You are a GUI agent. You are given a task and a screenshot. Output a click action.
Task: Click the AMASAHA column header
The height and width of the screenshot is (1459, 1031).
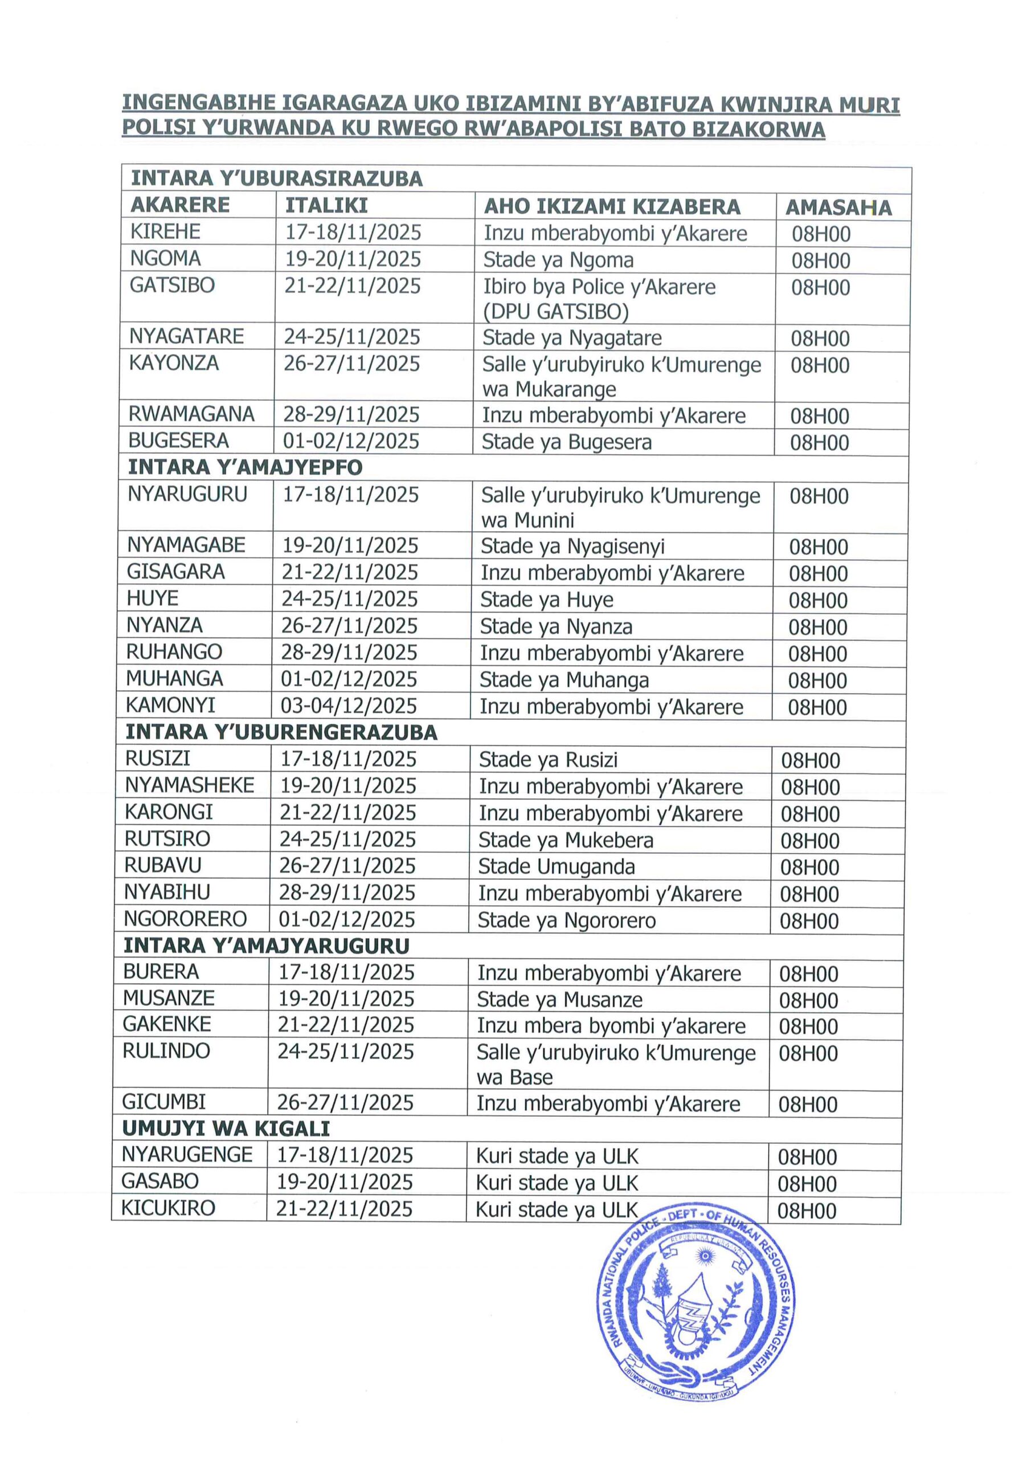[x=838, y=207]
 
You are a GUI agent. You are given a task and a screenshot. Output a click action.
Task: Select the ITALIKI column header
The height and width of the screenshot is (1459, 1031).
[x=326, y=205]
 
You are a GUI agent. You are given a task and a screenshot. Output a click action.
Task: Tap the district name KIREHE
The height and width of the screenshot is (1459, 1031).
[x=165, y=232]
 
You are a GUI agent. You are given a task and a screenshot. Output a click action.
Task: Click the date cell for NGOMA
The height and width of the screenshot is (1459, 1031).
[x=353, y=259]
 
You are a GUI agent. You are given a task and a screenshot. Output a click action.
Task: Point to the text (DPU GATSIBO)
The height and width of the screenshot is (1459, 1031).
[x=555, y=312]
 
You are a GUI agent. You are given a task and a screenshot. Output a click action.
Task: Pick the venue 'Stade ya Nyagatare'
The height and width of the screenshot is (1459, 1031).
[x=572, y=337]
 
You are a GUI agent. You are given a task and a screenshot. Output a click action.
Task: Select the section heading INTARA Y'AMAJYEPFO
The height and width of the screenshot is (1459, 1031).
[x=245, y=468]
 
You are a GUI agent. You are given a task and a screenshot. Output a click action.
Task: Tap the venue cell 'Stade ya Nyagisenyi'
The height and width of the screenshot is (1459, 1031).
[x=572, y=547]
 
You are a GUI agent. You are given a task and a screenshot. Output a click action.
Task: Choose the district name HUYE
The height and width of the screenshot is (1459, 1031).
[x=153, y=598]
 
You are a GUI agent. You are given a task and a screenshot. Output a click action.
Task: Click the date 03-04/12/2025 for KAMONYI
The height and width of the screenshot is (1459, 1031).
[x=349, y=706]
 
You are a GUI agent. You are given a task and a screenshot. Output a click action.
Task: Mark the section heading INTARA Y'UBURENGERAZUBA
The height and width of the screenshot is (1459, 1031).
[x=281, y=733]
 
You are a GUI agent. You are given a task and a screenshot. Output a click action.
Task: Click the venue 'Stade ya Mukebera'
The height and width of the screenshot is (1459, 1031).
[x=566, y=840]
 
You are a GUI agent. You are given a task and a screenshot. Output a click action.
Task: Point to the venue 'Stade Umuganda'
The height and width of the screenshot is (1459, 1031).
[x=556, y=867]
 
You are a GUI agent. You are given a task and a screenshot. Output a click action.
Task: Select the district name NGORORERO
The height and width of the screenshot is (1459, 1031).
[x=186, y=919]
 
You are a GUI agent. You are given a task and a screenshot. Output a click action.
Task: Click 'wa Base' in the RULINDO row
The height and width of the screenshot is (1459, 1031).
[x=514, y=1078]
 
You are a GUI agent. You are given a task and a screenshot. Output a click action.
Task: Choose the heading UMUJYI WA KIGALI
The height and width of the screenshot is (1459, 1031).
[x=226, y=1128]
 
